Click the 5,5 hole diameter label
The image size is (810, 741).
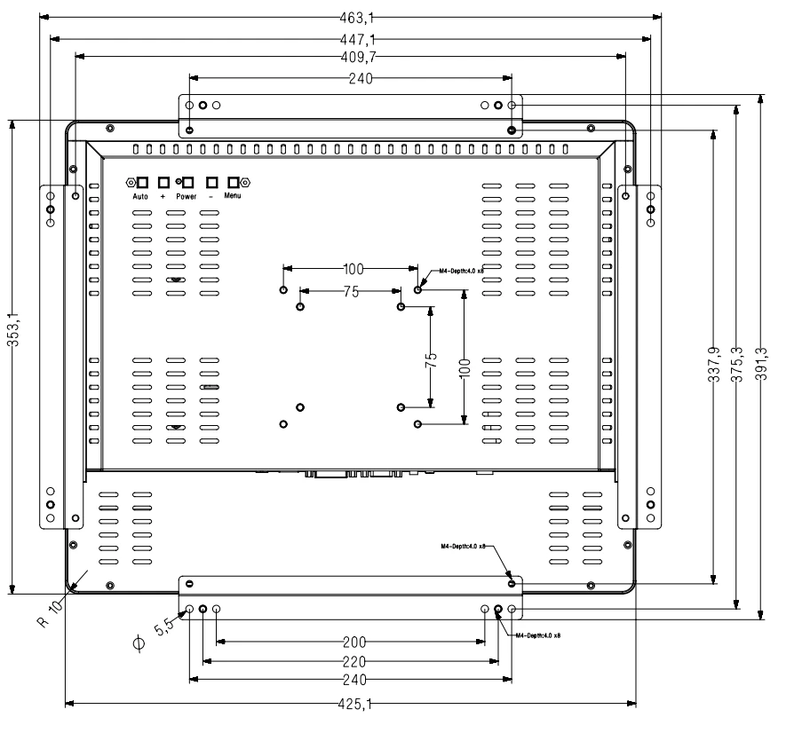(x=165, y=627)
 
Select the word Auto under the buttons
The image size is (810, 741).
(x=140, y=195)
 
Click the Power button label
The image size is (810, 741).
(x=187, y=195)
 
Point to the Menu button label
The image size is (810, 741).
(x=233, y=194)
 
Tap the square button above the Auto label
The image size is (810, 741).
(x=142, y=182)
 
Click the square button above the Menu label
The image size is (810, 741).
(x=234, y=182)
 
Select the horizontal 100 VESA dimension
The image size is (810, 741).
(x=353, y=269)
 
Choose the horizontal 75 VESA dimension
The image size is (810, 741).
(x=353, y=290)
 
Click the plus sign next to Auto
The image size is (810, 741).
(x=163, y=195)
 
